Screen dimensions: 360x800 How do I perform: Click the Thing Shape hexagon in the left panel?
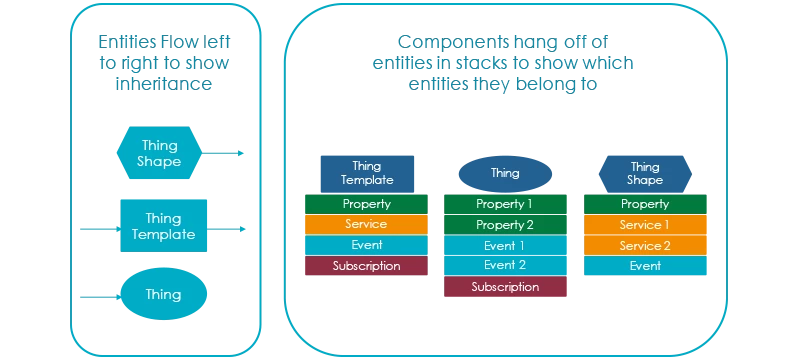(x=161, y=152)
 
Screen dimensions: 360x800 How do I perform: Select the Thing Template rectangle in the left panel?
(x=163, y=226)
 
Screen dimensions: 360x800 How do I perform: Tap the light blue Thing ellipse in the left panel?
(x=163, y=295)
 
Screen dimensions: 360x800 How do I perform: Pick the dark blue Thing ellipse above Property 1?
(x=505, y=173)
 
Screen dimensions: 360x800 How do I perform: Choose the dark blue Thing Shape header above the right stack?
(x=645, y=173)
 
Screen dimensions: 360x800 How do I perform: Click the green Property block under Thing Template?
(x=366, y=204)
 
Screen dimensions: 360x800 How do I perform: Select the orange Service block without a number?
(x=366, y=224)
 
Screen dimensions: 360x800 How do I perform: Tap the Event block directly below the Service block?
(x=366, y=245)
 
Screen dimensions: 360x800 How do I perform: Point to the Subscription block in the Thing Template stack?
(x=366, y=266)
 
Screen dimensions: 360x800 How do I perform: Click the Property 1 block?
(x=505, y=204)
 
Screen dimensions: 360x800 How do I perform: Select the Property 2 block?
(x=505, y=225)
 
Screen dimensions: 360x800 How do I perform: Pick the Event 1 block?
(x=505, y=246)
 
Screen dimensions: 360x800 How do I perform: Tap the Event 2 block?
(x=505, y=266)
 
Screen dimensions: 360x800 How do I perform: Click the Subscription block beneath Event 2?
(x=505, y=287)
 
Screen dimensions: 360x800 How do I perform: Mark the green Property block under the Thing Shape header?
(x=645, y=204)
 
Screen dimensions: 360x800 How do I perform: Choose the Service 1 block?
(x=645, y=225)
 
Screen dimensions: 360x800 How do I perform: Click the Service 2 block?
(x=645, y=246)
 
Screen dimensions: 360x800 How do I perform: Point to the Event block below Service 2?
(x=645, y=266)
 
